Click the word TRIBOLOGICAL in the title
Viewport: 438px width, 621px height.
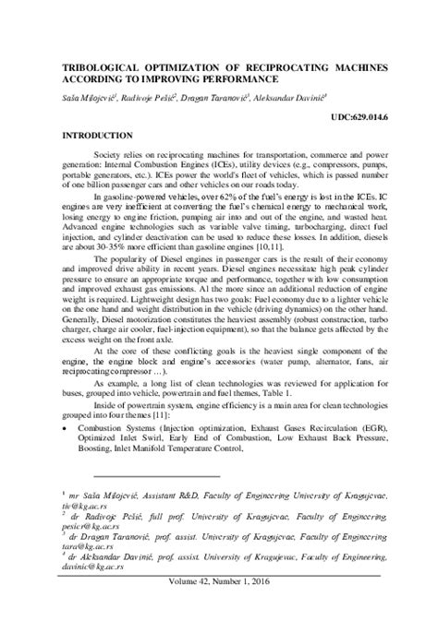coord(98,68)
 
